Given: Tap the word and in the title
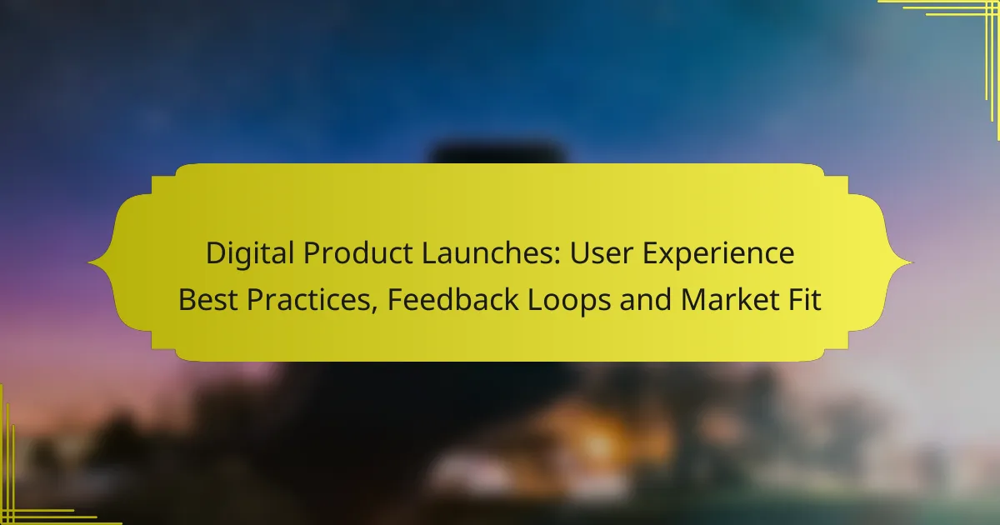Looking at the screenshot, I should click(x=645, y=300).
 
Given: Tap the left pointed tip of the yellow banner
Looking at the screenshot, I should click(x=90, y=263).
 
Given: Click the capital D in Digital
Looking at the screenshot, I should click(x=215, y=254).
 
